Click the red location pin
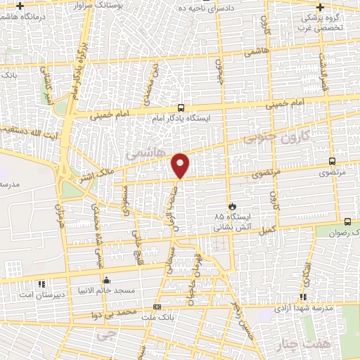point(181,164)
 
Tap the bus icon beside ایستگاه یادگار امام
point(181,108)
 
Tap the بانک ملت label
point(156,317)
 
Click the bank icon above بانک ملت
point(156,307)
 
